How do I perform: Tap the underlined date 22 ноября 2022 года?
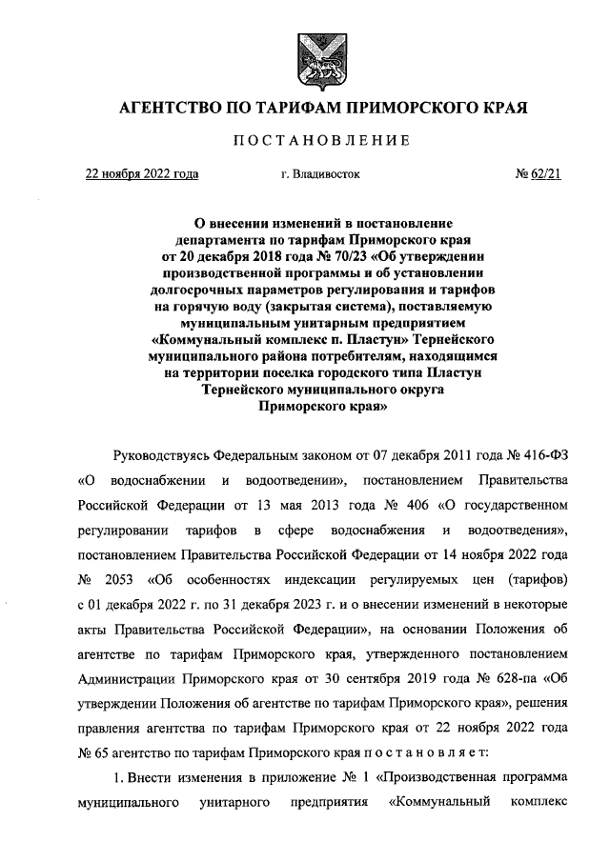[142, 174]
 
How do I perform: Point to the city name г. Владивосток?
[320, 175]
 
